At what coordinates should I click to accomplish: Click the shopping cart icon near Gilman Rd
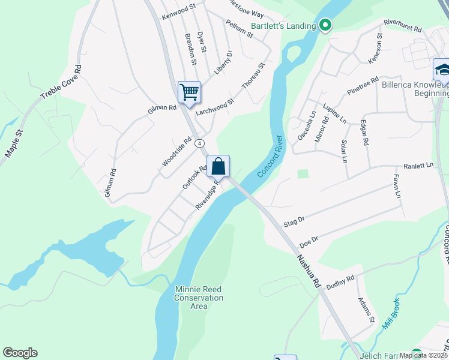(189, 92)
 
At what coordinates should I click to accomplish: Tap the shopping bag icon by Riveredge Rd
(218, 166)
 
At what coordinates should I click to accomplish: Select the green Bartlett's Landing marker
(325, 25)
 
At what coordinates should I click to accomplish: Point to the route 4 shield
(200, 143)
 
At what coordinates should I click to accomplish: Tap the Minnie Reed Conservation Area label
(199, 298)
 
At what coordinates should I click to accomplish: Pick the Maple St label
(14, 144)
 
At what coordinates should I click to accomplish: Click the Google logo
(20, 353)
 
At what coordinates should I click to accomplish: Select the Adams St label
(366, 310)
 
